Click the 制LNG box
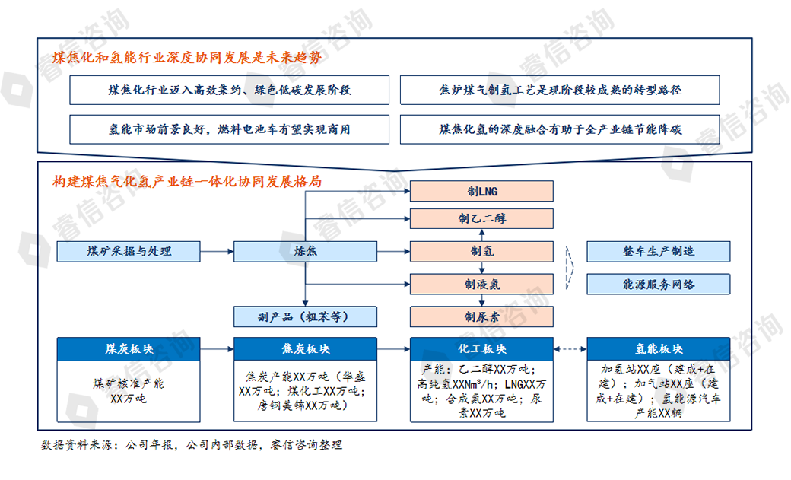482,190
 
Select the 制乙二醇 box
482,219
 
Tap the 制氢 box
482,251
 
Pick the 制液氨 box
482,285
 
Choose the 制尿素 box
482,316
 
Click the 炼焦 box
305,251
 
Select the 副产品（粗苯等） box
305,316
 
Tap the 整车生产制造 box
658,251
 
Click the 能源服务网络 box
658,285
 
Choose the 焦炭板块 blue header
305,349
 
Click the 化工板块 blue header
482,349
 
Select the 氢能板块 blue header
658,349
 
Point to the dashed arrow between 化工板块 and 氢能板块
570,349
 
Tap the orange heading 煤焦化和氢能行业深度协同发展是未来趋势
190,58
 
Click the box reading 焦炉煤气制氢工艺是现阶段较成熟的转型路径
560,90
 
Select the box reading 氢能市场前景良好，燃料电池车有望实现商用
229,129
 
